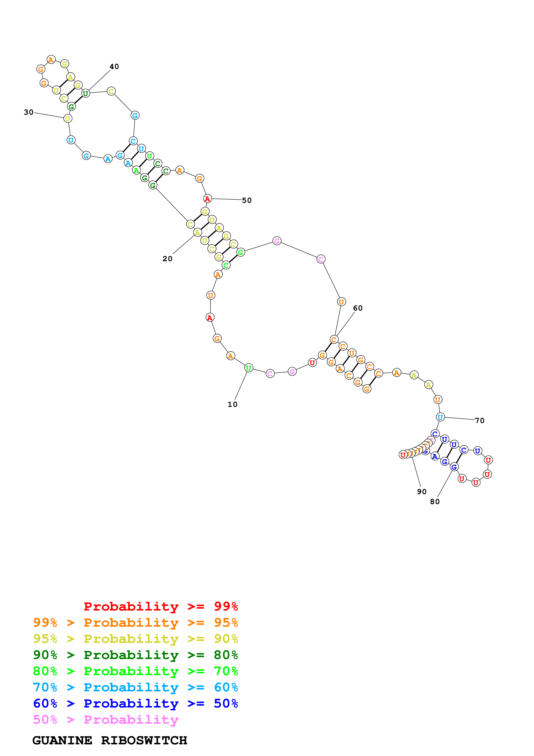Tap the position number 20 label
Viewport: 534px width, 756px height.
[x=167, y=259]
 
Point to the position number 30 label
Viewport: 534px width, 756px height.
[x=29, y=112]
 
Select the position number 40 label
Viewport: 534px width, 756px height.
[x=114, y=67]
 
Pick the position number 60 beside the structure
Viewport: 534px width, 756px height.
[x=358, y=308]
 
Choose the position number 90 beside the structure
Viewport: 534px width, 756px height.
[x=422, y=492]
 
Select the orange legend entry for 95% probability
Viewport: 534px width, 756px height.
[x=135, y=622]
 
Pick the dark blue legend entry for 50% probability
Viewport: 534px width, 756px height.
[x=135, y=703]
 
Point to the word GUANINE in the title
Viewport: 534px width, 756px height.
[x=62, y=740]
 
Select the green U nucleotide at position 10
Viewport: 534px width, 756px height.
[x=249, y=368]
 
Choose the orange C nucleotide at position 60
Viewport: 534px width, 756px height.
[x=334, y=339]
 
